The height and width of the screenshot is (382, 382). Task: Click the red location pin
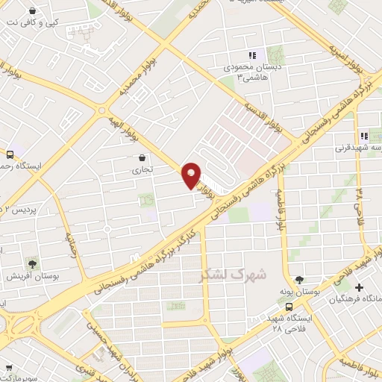click(x=192, y=175)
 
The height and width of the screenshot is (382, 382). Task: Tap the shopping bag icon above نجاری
click(x=142, y=157)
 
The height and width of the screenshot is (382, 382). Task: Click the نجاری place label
click(x=142, y=170)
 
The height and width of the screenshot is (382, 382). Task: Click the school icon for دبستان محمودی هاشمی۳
click(x=252, y=55)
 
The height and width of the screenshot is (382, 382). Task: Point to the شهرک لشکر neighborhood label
click(x=233, y=274)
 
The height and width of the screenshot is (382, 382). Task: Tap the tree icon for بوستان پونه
click(x=300, y=280)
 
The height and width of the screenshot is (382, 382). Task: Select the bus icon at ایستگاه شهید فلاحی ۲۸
click(x=289, y=306)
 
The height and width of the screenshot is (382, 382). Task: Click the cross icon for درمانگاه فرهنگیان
click(x=360, y=287)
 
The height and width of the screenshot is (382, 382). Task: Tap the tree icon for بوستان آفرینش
click(x=32, y=263)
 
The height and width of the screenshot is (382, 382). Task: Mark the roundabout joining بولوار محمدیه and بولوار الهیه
click(x=101, y=110)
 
